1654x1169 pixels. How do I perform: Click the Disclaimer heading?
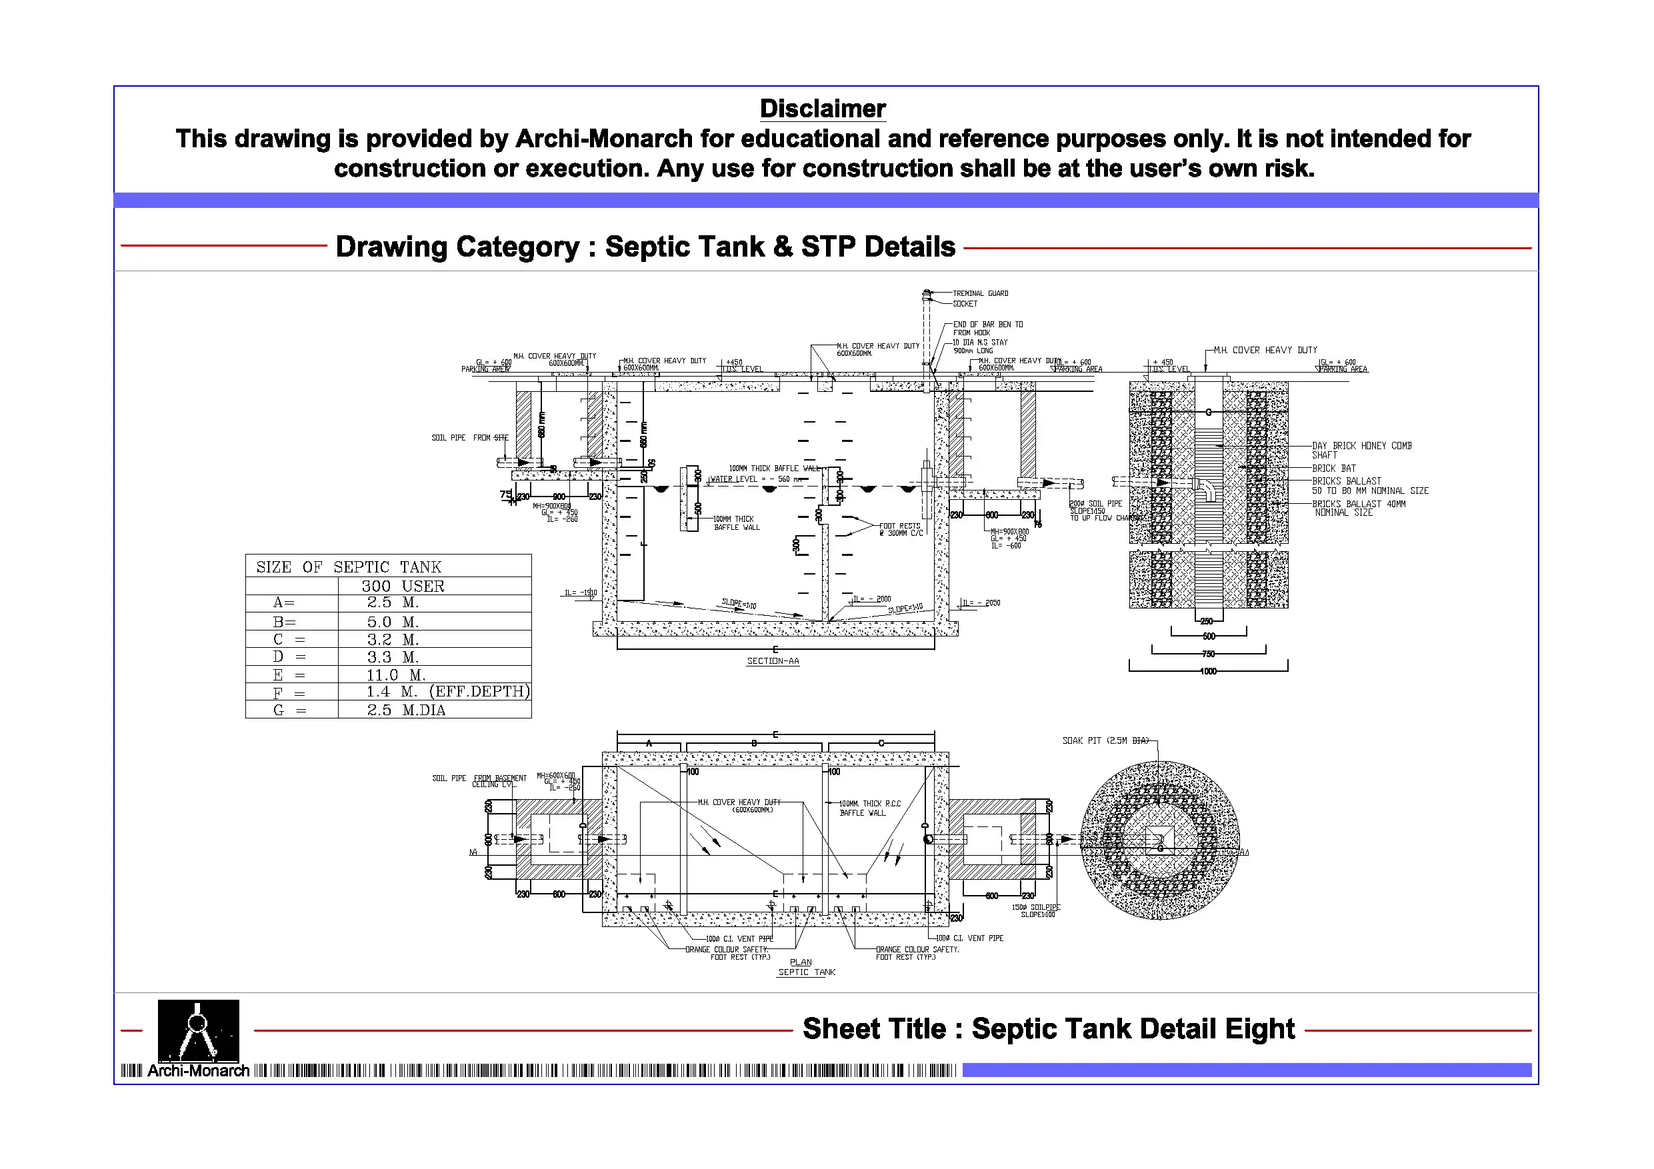coord(822,109)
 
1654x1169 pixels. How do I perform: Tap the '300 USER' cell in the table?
coord(403,586)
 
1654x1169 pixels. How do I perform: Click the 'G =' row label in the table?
coord(289,710)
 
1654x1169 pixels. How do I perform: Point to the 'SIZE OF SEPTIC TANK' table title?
coord(349,567)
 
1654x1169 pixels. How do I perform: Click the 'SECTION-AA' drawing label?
coord(772,661)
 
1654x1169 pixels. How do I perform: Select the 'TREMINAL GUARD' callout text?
coord(981,293)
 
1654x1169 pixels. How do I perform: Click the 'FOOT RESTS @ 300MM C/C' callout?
coord(900,529)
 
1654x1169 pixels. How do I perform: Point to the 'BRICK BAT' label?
coord(1333,468)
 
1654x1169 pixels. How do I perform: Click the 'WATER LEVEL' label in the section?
coord(734,479)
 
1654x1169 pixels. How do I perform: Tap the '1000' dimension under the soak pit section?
coord(1208,671)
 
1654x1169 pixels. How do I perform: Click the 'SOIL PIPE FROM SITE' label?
coord(470,438)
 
